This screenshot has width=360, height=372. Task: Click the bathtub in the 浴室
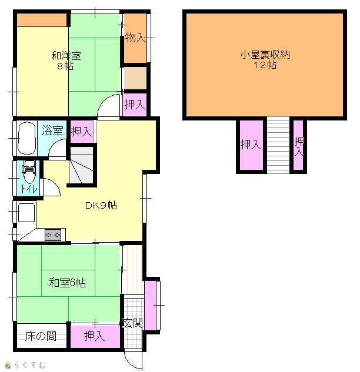point(26,138)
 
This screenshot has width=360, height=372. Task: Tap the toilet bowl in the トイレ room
point(29,172)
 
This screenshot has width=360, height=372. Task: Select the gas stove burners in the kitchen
point(53,235)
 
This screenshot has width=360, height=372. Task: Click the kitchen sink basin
point(26,213)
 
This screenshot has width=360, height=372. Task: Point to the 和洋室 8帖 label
point(66,61)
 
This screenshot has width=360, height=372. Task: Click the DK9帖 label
point(101,205)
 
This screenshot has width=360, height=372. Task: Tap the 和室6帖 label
point(68,283)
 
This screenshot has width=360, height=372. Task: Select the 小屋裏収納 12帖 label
point(265,59)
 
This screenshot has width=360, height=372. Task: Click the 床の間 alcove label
point(41,336)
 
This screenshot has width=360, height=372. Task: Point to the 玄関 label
point(132,323)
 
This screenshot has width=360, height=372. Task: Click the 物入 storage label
point(135,38)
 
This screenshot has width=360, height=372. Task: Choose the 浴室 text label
point(52,130)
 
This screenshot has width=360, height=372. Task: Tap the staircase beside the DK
point(81,165)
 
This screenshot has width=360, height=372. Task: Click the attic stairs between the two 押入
point(278,145)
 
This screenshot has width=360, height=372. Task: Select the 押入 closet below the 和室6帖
point(95,336)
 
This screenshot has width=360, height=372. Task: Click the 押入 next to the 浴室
point(81,132)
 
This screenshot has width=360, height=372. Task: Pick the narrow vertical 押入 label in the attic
point(299,146)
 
